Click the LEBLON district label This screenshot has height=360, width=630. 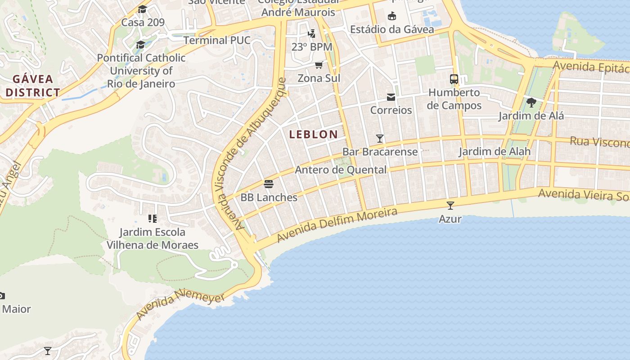point(313,134)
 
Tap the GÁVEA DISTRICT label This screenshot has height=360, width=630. point(32,85)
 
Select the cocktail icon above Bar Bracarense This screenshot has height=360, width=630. point(380,138)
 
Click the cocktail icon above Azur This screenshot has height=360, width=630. point(450,206)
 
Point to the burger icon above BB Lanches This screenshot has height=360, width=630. point(269,184)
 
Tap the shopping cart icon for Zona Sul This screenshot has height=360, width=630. point(319,65)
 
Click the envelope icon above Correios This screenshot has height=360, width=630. point(391,97)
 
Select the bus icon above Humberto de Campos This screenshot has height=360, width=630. point(454,79)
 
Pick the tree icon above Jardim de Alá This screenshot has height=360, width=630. point(531,103)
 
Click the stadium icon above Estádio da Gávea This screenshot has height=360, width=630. point(392,16)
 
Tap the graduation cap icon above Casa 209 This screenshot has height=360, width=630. point(142,9)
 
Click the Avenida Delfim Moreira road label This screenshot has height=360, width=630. point(337,225)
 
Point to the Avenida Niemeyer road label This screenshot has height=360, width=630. point(180,305)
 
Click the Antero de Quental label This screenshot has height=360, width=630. point(340,170)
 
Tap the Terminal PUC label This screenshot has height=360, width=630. point(216,40)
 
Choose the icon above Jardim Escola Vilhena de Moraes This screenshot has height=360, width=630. point(152,219)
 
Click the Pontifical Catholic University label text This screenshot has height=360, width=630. point(141,71)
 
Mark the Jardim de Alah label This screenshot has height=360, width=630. point(494,151)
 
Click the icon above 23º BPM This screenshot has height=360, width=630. point(311,33)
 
